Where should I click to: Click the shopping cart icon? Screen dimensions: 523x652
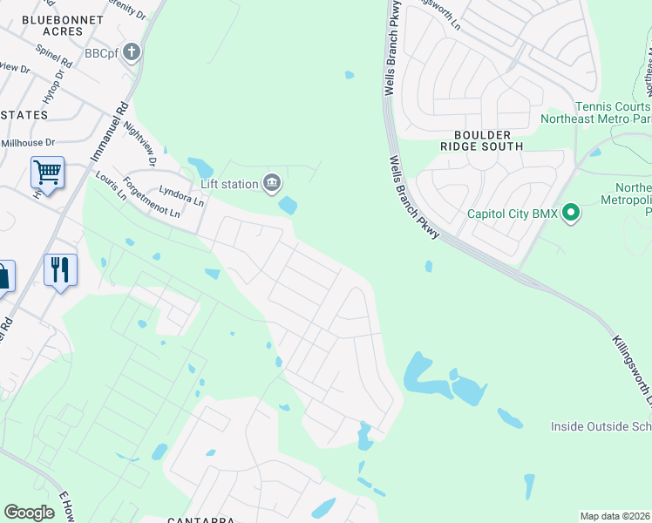tap(47, 172)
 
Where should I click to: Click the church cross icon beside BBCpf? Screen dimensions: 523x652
tap(131, 53)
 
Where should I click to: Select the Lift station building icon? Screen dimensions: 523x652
tap(272, 183)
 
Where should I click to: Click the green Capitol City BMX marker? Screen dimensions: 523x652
tap(571, 212)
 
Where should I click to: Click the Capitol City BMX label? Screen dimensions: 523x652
tap(512, 212)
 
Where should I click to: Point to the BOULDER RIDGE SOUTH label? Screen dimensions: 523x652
tap(487, 140)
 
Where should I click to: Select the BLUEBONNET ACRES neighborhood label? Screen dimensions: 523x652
tap(52, 25)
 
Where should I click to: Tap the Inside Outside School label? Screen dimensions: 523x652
tap(601, 426)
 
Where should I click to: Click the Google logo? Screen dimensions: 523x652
tap(29, 513)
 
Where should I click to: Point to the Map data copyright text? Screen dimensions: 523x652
tap(615, 516)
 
